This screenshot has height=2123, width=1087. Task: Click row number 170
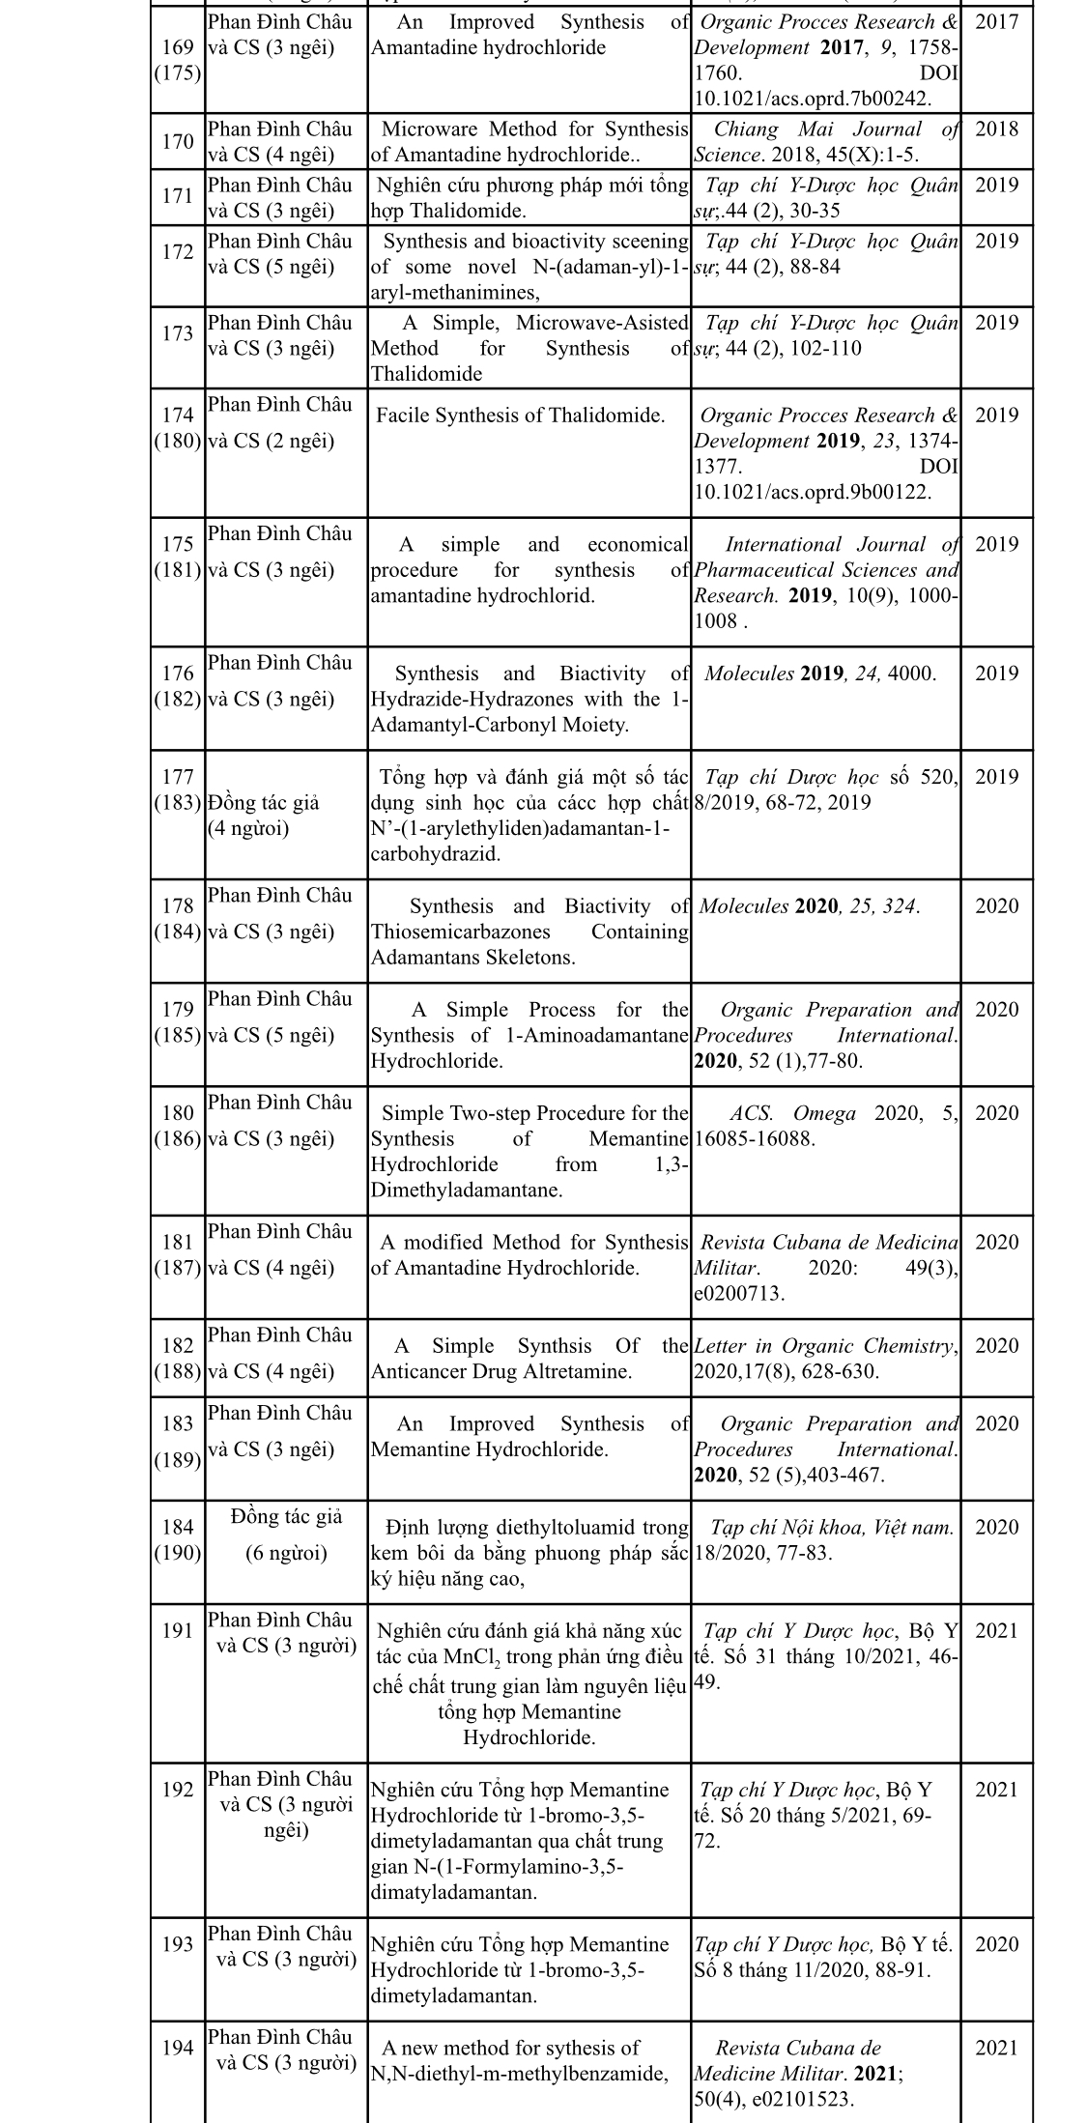click(x=178, y=142)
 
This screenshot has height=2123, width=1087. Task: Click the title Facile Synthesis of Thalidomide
click(x=520, y=416)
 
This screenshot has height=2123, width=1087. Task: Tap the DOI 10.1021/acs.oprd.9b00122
click(x=813, y=492)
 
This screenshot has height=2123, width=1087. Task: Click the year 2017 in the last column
click(x=996, y=22)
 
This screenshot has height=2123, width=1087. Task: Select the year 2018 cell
click(x=996, y=129)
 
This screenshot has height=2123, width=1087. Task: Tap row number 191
click(x=178, y=1630)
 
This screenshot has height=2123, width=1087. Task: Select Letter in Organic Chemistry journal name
click(x=824, y=1346)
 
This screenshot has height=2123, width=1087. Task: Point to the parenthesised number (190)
click(x=178, y=1552)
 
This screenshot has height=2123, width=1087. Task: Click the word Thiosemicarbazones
click(x=460, y=932)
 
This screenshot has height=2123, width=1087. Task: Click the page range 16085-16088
click(x=754, y=1139)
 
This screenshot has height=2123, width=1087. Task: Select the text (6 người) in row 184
click(x=286, y=1553)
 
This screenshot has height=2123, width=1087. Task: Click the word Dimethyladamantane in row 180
click(x=466, y=1190)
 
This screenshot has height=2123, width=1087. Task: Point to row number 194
click(x=178, y=2047)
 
